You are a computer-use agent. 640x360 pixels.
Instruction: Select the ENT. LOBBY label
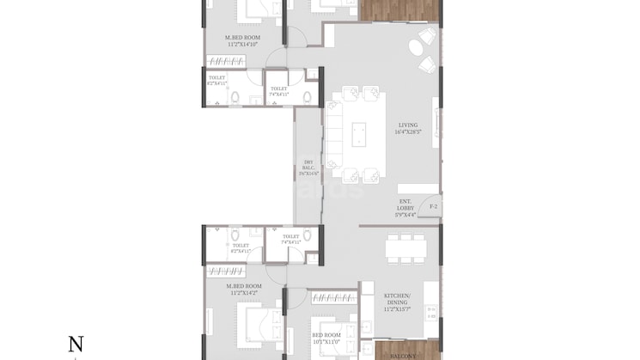(x=405, y=209)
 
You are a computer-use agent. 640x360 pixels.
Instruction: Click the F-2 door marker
(x=434, y=207)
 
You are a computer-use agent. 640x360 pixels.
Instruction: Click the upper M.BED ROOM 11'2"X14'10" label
(x=242, y=41)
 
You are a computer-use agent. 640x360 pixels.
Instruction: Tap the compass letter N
(x=76, y=345)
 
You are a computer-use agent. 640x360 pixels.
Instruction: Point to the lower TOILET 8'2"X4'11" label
(x=240, y=248)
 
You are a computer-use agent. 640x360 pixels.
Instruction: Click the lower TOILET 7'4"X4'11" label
(x=290, y=239)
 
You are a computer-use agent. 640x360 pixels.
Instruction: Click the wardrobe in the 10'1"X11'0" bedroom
(x=332, y=298)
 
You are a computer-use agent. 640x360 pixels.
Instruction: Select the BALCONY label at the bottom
(x=400, y=354)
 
